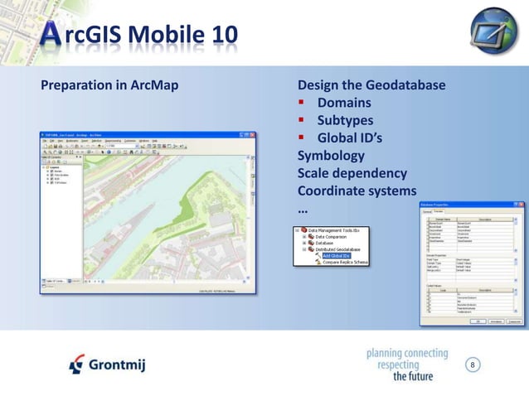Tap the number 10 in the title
tap(218, 35)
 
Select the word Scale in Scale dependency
tap(314, 174)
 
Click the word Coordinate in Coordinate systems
tap(332, 191)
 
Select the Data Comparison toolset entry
tap(339, 236)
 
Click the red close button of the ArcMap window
tap(251, 134)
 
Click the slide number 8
tap(473, 365)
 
